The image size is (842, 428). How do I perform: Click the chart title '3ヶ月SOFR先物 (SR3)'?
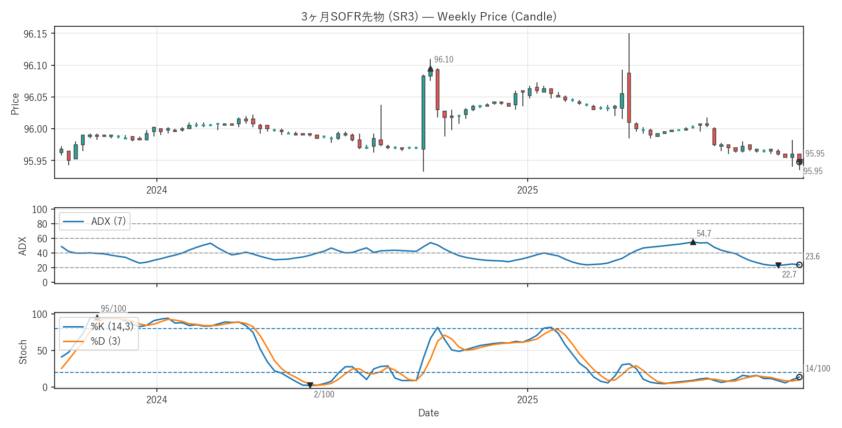point(360,17)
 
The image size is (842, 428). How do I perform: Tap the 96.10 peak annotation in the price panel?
point(443,59)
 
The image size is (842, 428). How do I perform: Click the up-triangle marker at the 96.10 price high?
point(430,69)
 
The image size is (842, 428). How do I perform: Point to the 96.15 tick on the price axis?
point(35,34)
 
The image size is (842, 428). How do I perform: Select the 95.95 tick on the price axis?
point(35,161)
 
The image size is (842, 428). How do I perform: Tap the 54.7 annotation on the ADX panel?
point(704,233)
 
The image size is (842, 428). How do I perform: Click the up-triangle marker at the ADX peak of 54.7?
point(693,242)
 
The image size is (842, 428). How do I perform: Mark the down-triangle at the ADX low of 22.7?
point(778,266)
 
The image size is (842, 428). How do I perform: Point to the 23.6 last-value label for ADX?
point(812,256)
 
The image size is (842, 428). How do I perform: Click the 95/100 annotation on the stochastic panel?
point(113,309)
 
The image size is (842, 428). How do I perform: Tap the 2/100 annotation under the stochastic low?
point(324,394)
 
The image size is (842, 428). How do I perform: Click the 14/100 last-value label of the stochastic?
point(817,369)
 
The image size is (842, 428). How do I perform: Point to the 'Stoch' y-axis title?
point(23,352)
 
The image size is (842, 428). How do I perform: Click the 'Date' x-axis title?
point(428,413)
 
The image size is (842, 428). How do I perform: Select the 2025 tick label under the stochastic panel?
point(527,400)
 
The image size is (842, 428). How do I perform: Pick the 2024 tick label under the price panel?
point(156,190)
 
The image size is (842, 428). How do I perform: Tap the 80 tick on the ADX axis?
point(42,224)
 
